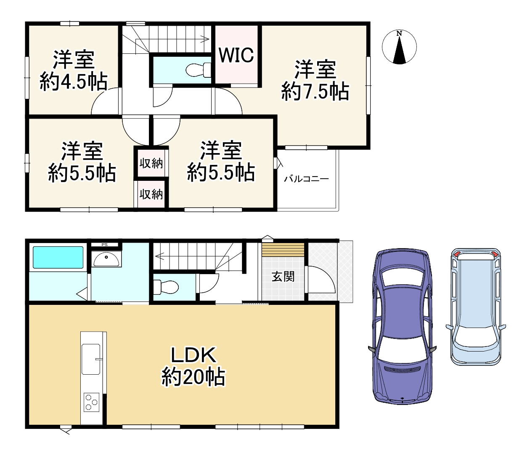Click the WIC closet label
pos(236,55)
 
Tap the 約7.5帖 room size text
pos(315,92)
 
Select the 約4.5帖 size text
pos(74,82)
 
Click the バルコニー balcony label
pos(306,179)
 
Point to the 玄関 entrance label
pos(283,277)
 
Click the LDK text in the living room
pos(193,355)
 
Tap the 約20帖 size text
pos(193,377)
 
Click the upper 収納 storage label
pos(151,163)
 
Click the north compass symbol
pos(399,47)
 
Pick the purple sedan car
pos(402,326)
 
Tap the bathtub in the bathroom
pos(58,257)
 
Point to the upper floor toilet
pos(198,69)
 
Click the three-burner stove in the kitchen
pos(91,402)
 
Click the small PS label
pos(104,245)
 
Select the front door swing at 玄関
pos(321,279)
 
